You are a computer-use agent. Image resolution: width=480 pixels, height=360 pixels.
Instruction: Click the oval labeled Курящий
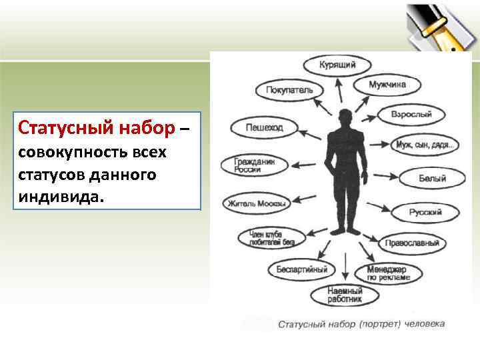click(x=337, y=65)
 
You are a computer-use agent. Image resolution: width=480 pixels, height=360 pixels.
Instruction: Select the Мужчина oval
click(x=387, y=85)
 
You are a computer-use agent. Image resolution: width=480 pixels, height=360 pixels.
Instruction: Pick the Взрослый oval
click(x=411, y=115)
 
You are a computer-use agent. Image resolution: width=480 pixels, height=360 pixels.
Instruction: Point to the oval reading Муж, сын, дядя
click(x=424, y=145)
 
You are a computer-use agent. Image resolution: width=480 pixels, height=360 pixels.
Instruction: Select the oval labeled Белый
click(x=432, y=178)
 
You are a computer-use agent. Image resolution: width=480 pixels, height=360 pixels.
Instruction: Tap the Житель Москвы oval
click(x=257, y=203)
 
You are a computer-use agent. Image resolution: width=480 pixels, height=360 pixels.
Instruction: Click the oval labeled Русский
click(x=425, y=213)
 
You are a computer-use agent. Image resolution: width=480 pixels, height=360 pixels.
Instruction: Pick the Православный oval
click(x=411, y=243)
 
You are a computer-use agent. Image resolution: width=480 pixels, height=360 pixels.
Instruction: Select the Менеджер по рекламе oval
click(x=393, y=272)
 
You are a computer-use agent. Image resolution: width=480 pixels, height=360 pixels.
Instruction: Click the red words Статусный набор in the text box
click(x=97, y=127)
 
